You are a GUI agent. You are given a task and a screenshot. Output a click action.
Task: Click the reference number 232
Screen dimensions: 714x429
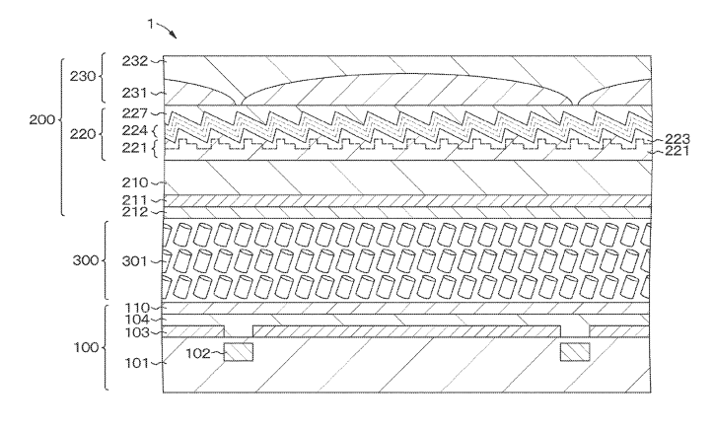(x=135, y=61)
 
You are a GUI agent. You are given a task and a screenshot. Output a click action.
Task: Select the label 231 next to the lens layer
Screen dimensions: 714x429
(x=135, y=93)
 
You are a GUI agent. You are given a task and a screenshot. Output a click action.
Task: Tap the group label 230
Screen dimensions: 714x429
(x=83, y=77)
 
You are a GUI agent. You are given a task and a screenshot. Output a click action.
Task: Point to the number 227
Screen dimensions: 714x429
(x=135, y=113)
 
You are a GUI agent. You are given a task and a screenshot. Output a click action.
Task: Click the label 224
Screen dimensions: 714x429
(x=135, y=131)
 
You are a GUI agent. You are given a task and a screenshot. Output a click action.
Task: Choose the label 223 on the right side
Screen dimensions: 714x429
(x=678, y=139)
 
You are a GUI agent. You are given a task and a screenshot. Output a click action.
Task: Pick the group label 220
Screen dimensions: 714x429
(x=83, y=134)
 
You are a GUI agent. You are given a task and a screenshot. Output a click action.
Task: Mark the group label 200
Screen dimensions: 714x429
(x=42, y=120)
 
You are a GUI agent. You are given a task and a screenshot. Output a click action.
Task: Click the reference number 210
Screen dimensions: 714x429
(x=135, y=183)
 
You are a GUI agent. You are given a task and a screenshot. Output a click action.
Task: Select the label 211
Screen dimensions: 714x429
(x=135, y=200)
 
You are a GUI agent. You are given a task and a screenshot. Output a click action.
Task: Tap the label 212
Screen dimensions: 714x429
(x=135, y=212)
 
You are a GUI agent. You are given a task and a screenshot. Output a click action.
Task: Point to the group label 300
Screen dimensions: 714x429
(x=86, y=260)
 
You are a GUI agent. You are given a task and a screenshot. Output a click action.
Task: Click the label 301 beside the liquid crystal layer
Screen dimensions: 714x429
(x=135, y=261)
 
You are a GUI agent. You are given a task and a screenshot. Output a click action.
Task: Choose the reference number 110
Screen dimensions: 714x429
(x=137, y=309)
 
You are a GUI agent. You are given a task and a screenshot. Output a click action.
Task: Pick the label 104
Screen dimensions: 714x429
(x=137, y=321)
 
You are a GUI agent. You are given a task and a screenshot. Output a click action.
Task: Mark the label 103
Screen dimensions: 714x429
(x=137, y=332)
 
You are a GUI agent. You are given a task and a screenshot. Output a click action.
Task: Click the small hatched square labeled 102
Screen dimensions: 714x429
(x=238, y=352)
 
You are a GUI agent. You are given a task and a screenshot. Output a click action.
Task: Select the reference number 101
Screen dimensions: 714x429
(x=137, y=364)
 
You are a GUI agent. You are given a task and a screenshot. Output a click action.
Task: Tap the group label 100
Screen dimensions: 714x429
(x=87, y=348)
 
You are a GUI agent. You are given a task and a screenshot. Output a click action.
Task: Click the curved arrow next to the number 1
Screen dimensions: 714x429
(x=167, y=30)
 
